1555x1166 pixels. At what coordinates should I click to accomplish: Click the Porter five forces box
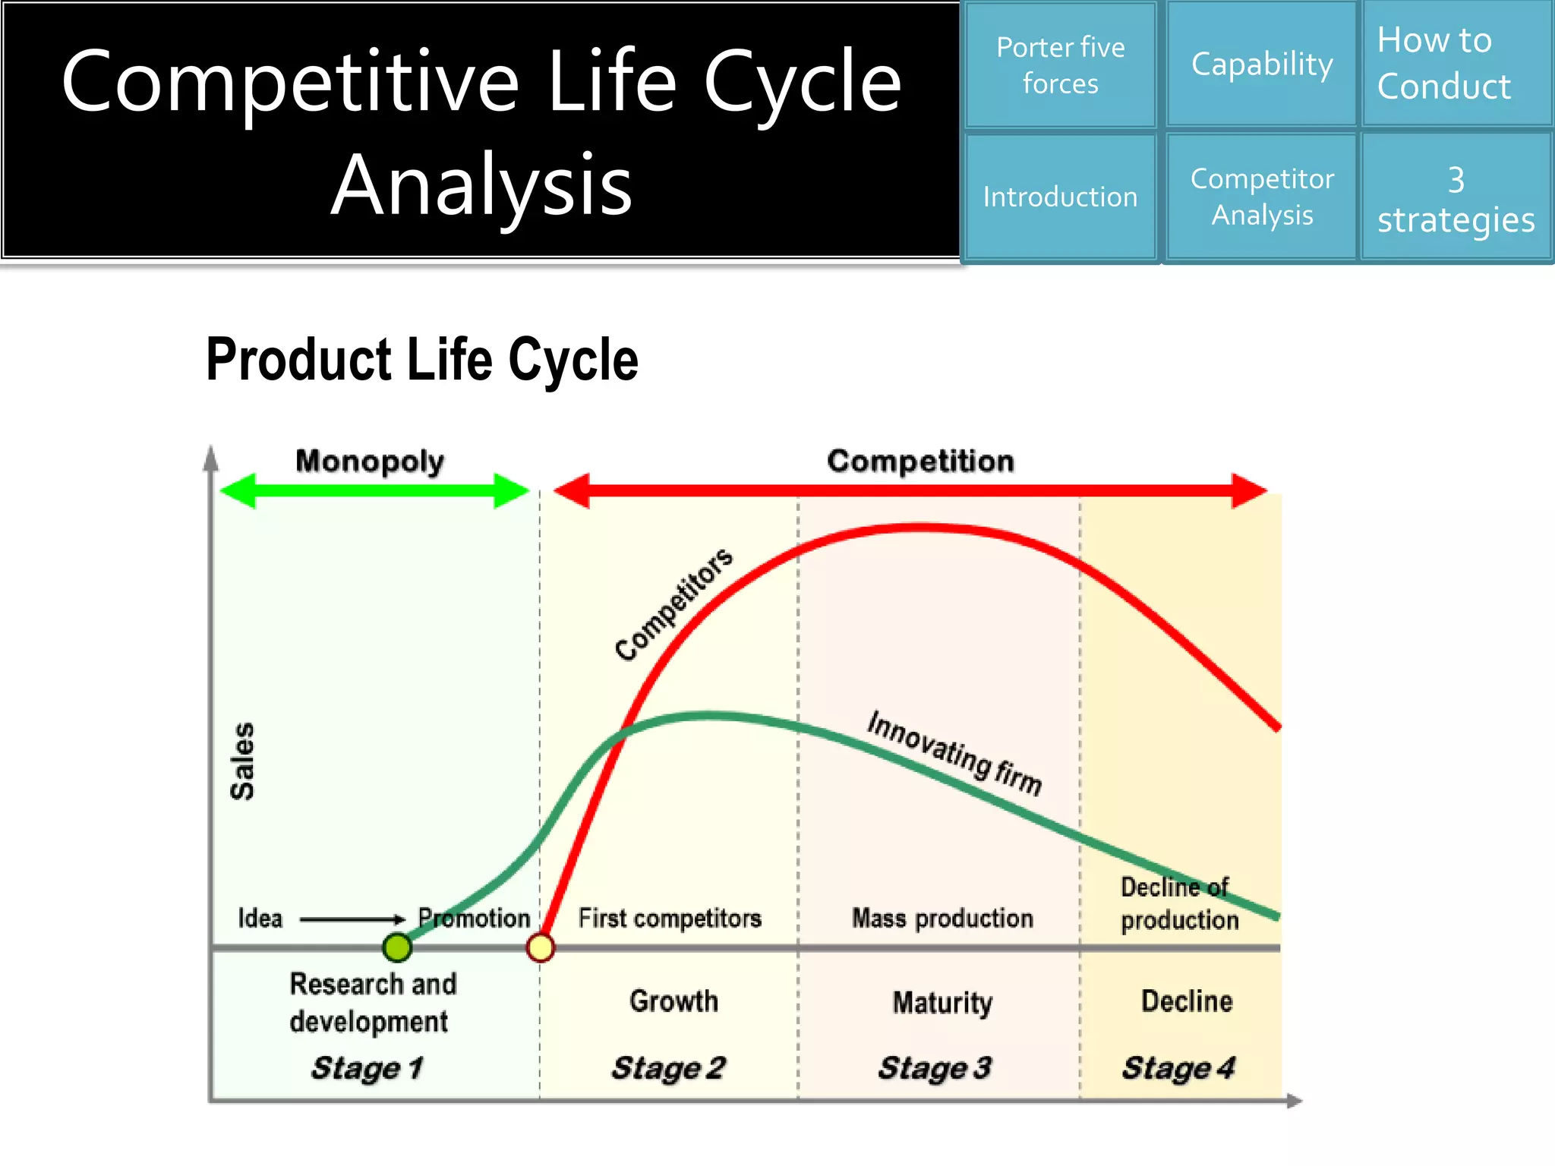coord(1060,65)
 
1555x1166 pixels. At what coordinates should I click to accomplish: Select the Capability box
coord(1261,65)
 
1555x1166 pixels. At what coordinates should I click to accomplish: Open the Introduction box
coord(1060,197)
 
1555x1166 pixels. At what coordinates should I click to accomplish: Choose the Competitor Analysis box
coord(1261,197)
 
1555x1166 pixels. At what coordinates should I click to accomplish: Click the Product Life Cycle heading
coord(421,360)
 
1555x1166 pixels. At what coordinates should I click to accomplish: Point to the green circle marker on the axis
coord(397,947)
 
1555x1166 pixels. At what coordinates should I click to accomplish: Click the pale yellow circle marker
coord(541,947)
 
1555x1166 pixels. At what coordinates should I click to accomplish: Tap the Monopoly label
coord(370,461)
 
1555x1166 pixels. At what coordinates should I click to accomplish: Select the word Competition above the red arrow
coord(920,461)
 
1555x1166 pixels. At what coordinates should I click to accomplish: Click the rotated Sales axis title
coord(242,761)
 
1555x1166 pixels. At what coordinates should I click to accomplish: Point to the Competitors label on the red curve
coord(673,604)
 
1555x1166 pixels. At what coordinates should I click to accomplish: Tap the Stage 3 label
coord(935,1068)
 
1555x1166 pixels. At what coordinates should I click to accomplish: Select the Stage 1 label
coord(367,1068)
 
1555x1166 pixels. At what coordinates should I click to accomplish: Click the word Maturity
coord(942,1003)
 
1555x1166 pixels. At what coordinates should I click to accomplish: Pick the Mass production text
coord(942,919)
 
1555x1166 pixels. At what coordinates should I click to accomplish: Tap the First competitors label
coord(670,919)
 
